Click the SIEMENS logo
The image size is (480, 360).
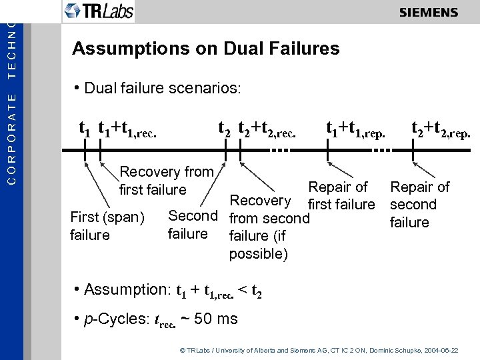(x=428, y=13)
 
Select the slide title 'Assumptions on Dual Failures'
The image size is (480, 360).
(x=205, y=49)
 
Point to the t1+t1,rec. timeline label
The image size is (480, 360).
(x=127, y=127)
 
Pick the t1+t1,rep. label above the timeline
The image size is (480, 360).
(x=355, y=127)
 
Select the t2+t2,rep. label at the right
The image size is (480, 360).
(x=441, y=127)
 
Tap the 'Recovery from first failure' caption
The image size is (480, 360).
(x=166, y=181)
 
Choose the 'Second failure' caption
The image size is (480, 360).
(x=192, y=225)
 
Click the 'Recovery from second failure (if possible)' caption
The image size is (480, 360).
(x=269, y=227)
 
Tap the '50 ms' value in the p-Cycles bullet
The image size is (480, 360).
(x=215, y=319)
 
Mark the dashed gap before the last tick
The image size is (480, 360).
(x=382, y=151)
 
